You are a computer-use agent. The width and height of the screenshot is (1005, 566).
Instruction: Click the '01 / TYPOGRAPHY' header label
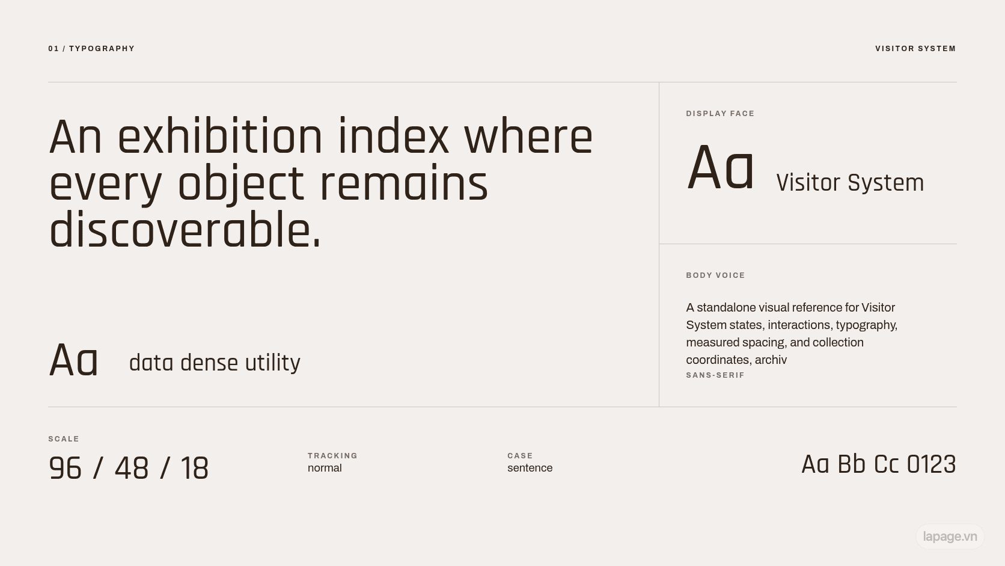[91, 49]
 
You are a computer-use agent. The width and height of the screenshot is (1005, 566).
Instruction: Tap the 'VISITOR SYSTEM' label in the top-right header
[915, 49]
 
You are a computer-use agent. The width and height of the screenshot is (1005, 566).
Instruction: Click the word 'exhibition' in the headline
[220, 137]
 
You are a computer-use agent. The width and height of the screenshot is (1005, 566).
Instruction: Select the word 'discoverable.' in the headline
[185, 230]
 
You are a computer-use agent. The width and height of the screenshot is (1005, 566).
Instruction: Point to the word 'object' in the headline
[241, 185]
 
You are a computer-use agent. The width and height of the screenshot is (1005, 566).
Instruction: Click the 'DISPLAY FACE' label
[720, 114]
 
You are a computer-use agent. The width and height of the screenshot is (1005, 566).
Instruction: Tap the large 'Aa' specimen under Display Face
[720, 168]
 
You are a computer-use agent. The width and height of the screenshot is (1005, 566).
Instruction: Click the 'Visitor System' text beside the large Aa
[850, 183]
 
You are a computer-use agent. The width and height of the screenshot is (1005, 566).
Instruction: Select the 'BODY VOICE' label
[715, 275]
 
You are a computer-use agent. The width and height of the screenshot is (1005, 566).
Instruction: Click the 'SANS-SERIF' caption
[715, 375]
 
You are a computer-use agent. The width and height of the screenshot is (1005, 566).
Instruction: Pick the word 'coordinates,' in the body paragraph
[719, 360]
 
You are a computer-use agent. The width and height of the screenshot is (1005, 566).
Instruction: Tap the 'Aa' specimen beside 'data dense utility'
[73, 360]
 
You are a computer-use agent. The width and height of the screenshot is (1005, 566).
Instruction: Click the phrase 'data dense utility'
[215, 363]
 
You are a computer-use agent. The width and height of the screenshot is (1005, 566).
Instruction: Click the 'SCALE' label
[64, 439]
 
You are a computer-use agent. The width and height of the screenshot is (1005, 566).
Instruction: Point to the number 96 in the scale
[65, 468]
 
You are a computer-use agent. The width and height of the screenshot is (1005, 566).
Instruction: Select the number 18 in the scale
[194, 468]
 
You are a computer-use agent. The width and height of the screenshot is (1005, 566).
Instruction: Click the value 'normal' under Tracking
[325, 468]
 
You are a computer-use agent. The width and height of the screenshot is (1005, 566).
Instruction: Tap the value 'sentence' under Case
[530, 468]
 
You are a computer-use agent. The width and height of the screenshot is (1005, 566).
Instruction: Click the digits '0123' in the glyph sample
[932, 464]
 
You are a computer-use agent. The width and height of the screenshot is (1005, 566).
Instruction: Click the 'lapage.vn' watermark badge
[950, 537]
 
